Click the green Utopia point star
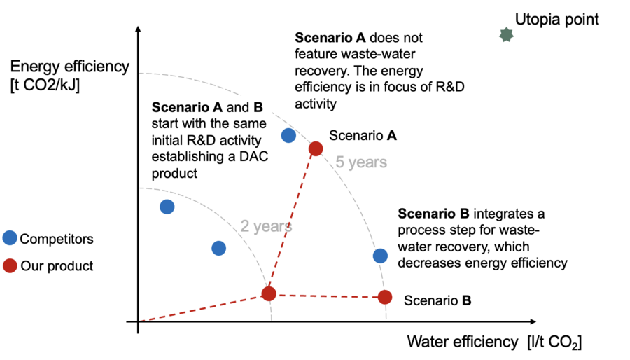click(506, 34)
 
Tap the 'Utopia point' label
click(556, 19)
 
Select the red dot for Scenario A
click(316, 148)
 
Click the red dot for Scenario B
click(385, 297)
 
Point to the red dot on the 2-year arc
click(269, 293)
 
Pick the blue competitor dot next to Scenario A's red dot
click(288, 135)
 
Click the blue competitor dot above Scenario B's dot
click(380, 256)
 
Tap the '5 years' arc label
click(360, 162)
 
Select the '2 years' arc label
click(266, 226)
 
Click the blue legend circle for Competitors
click(10, 238)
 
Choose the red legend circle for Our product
click(10, 266)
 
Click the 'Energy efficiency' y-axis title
click(70, 67)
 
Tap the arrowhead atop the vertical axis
click(139, 29)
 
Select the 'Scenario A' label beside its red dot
click(363, 135)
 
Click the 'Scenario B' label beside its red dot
click(437, 300)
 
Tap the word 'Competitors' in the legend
click(57, 239)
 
